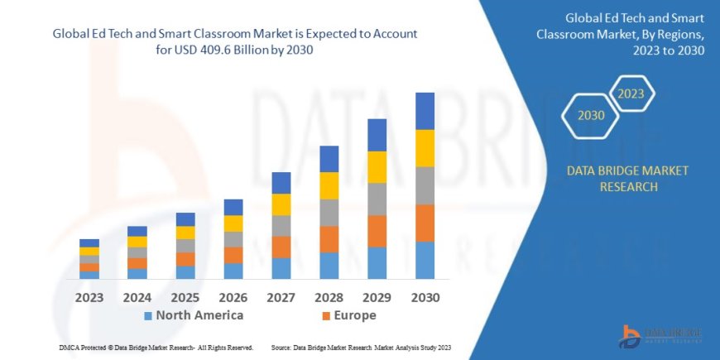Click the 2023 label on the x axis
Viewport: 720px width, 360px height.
click(89, 297)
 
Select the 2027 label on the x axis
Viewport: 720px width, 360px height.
click(281, 297)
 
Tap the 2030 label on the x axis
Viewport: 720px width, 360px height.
click(425, 297)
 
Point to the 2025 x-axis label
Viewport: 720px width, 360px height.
click(185, 297)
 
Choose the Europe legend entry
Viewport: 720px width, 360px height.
click(348, 315)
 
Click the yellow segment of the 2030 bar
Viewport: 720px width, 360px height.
click(425, 148)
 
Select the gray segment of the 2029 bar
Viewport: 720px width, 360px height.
click(377, 199)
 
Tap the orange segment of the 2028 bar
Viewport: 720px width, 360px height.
click(329, 239)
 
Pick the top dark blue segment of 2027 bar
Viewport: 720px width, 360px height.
click(281, 183)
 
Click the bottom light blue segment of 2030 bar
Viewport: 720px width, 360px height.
click(425, 260)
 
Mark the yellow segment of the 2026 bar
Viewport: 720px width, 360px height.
click(233, 223)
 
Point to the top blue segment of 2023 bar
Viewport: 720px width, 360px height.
click(89, 242)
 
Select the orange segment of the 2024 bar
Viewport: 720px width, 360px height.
click(137, 263)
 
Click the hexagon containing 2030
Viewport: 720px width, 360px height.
click(591, 116)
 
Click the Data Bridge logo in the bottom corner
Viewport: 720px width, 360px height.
click(662, 334)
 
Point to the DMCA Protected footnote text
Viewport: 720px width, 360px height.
click(156, 348)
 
